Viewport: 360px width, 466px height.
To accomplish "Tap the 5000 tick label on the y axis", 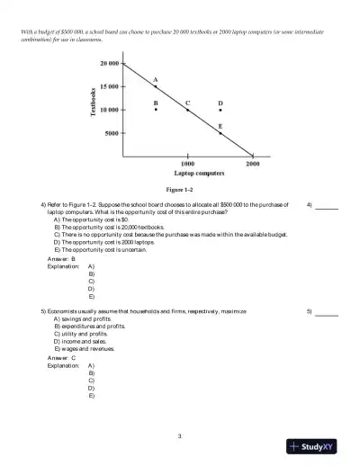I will pos(112,133).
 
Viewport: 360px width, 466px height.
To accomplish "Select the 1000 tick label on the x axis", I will pos(187,164).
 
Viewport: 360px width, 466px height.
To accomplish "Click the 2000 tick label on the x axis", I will pos(253,164).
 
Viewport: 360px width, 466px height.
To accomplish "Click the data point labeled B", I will pos(156,110).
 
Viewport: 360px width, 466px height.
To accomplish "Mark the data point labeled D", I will pos(220,110).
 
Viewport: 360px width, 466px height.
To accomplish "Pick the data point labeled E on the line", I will pos(220,133).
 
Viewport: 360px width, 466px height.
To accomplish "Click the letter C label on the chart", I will pos(187,103).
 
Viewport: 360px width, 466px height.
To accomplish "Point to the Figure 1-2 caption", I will pos(180,190).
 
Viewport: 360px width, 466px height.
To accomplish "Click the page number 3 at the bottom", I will pos(180,436).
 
